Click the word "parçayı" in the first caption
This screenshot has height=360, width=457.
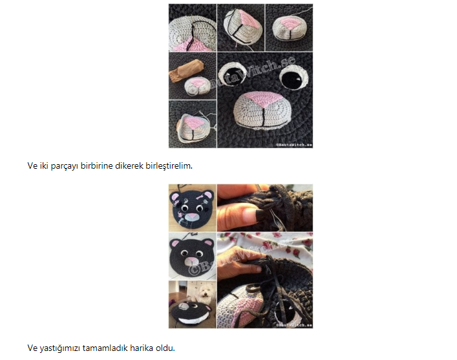point(65,166)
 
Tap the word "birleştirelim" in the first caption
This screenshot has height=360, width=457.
point(169,166)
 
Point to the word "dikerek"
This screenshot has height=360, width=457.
point(129,166)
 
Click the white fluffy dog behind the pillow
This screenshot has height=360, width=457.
point(203,295)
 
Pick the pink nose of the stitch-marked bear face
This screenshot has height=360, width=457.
point(191,217)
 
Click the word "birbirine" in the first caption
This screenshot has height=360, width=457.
point(96,166)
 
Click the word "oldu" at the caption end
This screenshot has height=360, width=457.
point(165,348)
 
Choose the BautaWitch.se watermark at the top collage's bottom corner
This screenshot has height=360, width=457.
point(294,145)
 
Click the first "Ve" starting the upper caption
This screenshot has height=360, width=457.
point(32,166)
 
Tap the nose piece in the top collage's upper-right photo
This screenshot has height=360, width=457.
point(289,28)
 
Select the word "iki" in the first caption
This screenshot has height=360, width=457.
point(44,166)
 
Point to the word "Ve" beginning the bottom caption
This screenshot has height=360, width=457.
point(32,348)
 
